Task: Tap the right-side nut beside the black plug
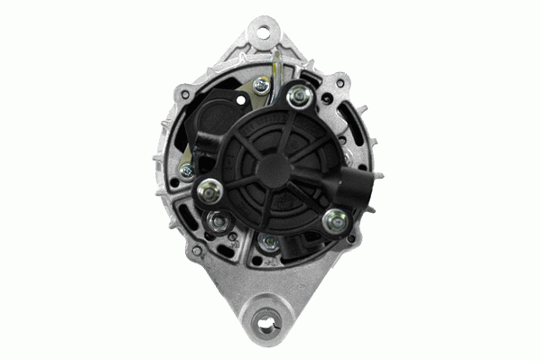point(335,217)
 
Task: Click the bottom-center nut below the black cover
point(269,243)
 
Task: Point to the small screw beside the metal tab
point(261,85)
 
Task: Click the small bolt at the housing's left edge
point(186,170)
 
